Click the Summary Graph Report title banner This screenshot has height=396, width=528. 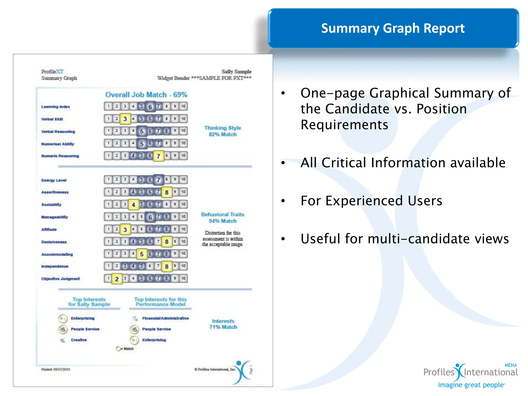click(393, 28)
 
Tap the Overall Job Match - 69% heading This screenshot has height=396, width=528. click(146, 95)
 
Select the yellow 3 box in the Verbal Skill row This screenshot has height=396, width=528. click(125, 119)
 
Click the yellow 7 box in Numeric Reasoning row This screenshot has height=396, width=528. click(158, 156)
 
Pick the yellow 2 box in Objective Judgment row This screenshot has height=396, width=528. click(117, 279)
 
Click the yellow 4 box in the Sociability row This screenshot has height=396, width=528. click(133, 205)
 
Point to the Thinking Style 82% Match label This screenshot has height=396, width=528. click(223, 131)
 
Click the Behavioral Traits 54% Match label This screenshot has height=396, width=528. click(223, 218)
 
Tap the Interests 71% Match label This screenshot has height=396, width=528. click(223, 324)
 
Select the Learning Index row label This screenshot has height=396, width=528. click(55, 107)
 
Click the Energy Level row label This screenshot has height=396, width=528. click(54, 180)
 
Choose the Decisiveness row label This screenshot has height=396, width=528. click(54, 242)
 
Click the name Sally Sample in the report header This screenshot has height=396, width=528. click(236, 72)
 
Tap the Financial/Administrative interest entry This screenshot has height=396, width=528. click(165, 318)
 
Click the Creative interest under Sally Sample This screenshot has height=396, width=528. click(79, 340)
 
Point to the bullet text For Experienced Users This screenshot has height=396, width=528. click(371, 201)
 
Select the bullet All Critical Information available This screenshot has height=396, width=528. click(403, 163)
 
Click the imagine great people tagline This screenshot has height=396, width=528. click(471, 385)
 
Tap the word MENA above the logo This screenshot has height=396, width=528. click(510, 365)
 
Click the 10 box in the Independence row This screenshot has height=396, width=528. click(183, 266)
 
